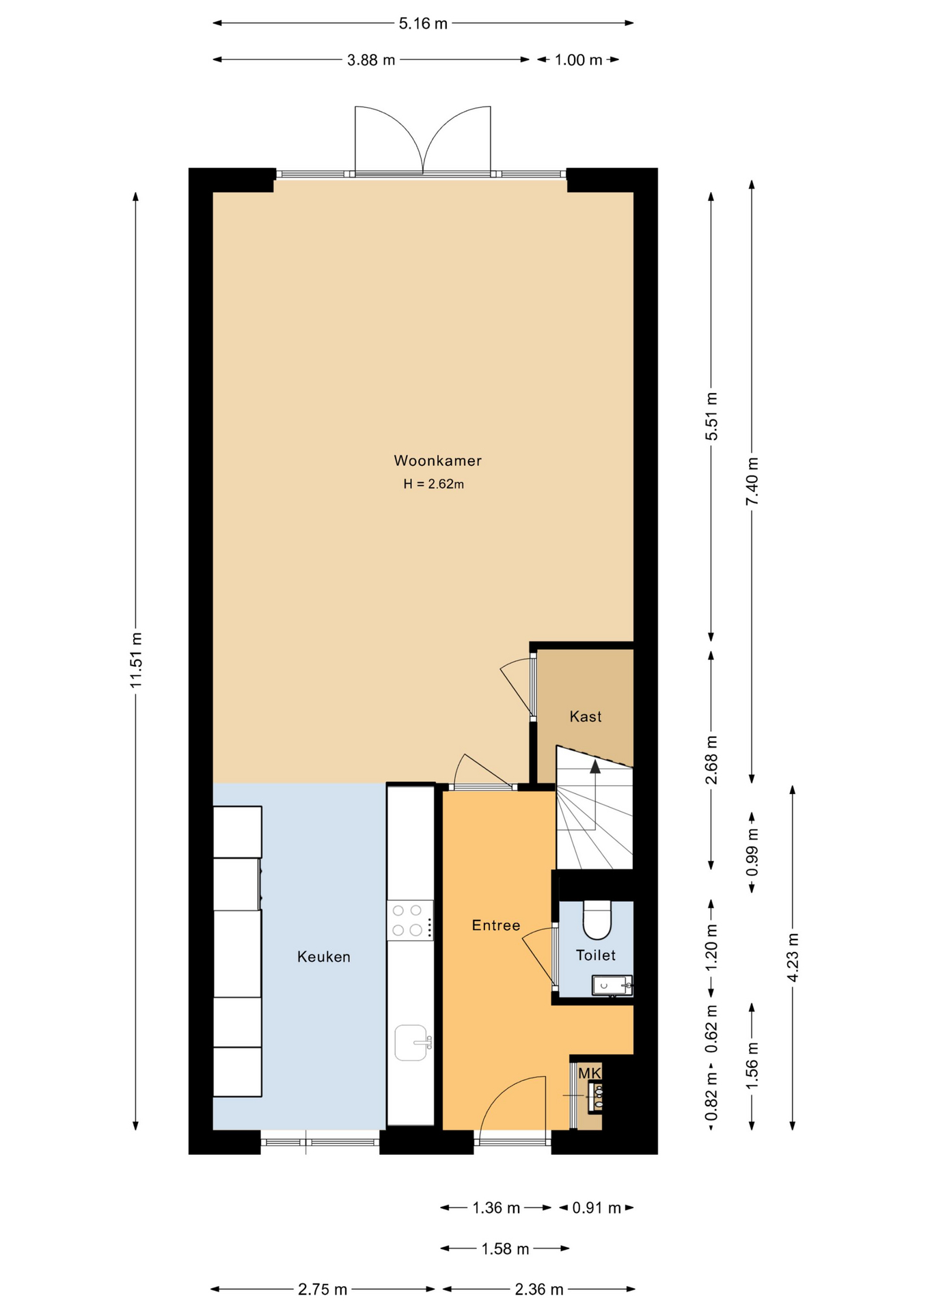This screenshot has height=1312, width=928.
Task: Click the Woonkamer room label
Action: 437,461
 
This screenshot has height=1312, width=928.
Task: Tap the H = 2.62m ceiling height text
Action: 433,484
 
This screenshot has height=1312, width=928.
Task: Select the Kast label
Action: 586,716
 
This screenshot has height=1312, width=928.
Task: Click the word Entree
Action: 496,925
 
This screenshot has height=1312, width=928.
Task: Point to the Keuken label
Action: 324,957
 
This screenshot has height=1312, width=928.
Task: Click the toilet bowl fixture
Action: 597,919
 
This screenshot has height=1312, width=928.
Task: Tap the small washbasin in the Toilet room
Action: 612,985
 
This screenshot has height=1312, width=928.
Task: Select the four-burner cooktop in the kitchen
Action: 410,920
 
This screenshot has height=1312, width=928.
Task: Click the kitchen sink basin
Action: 411,1043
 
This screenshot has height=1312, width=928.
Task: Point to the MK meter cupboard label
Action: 589,1074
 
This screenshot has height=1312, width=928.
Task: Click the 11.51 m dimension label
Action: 136,660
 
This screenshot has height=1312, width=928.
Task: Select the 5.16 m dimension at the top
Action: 423,23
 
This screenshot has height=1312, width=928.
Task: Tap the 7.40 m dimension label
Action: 752,480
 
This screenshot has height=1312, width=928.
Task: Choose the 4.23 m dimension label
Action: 793,957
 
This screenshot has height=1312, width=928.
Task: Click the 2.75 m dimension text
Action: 323,1289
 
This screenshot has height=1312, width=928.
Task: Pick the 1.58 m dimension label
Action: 505,1249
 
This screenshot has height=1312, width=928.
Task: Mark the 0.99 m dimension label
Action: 752,852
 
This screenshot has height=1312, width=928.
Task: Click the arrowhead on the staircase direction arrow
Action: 595,766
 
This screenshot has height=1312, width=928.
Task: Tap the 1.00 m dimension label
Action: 578,60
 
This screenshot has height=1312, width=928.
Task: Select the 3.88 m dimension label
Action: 371,60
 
